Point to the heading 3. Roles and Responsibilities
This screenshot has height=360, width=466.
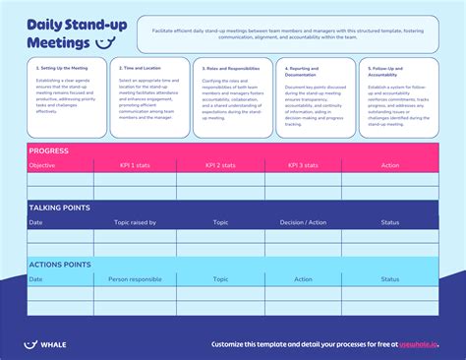coord(233,68)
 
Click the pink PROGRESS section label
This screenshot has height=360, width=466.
coord(48,150)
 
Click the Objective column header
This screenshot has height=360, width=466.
coord(42,165)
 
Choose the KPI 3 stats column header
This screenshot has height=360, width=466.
coord(308,165)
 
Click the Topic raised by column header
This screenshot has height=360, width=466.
coord(135,222)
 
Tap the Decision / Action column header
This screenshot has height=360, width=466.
coord(302,222)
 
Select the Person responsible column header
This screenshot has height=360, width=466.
coord(136,279)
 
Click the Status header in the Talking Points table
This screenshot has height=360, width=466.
coord(390,222)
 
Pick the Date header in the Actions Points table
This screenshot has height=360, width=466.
coord(36,279)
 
